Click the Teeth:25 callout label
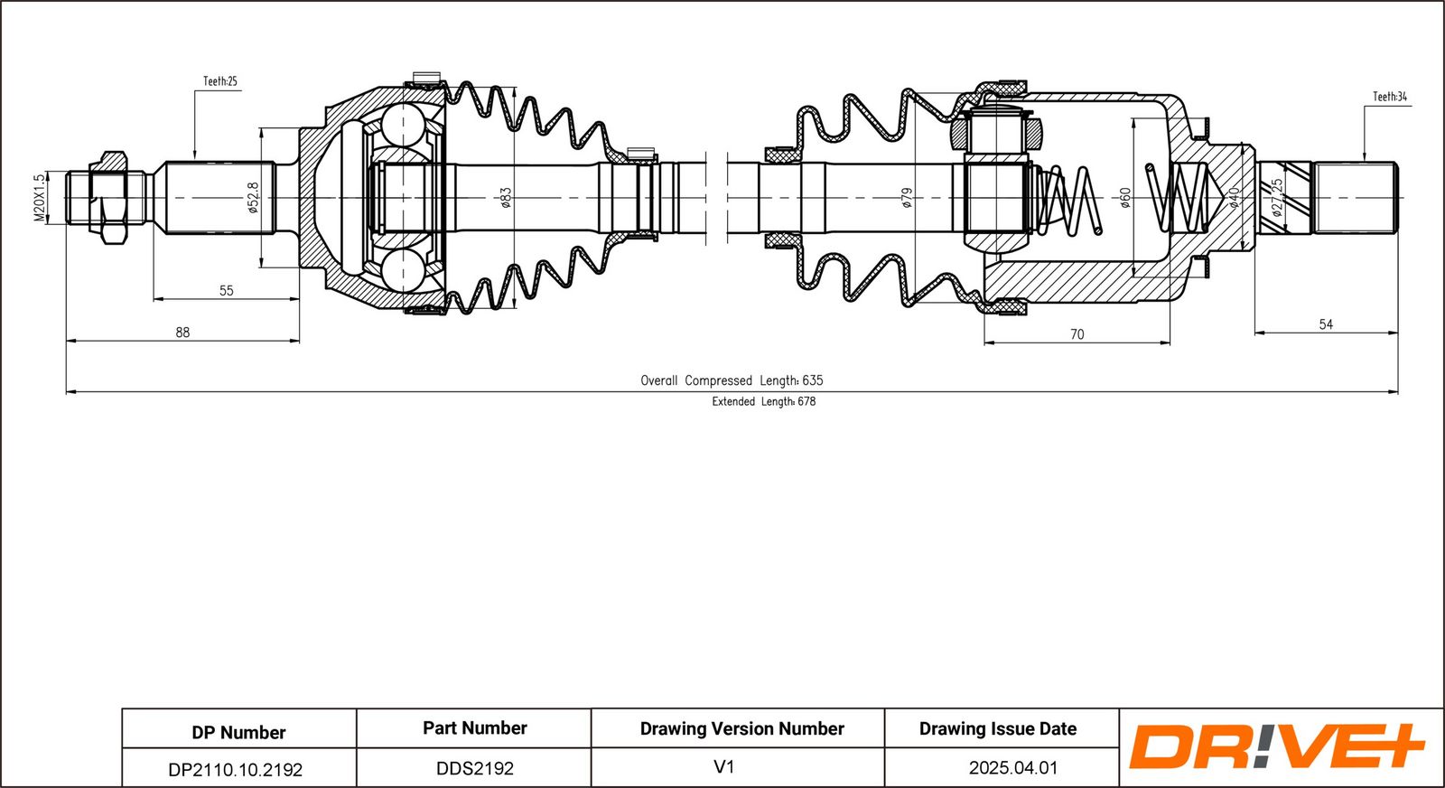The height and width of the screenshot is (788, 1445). [x=220, y=81]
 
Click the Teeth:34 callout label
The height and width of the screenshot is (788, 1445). [x=1390, y=97]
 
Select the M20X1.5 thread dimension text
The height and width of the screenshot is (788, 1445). [x=40, y=198]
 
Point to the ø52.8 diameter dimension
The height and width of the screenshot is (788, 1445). [x=253, y=198]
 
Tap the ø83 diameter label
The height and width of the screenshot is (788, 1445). [x=506, y=198]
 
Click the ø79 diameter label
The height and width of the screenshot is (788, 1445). [x=907, y=198]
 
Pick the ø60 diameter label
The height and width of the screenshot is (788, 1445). [x=1125, y=198]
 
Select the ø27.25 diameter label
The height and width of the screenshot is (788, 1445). [x=1276, y=197]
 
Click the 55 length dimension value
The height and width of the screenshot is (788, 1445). [x=226, y=290]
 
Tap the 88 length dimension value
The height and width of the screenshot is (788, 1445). [x=182, y=333]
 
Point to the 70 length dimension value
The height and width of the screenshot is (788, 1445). [x=1077, y=334]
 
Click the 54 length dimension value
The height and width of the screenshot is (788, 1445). [x=1326, y=324]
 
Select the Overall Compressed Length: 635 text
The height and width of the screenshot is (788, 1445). [x=732, y=380]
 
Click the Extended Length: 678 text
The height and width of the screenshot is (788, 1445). [x=764, y=401]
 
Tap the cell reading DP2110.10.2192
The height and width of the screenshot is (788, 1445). [x=236, y=770]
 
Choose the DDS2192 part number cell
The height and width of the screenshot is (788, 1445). [x=475, y=769]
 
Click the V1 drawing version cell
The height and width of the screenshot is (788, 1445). [x=724, y=766]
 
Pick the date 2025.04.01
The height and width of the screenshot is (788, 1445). [x=1012, y=768]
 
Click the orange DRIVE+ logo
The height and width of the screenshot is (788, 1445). [x=1276, y=746]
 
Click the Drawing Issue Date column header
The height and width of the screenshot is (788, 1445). [x=998, y=728]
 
